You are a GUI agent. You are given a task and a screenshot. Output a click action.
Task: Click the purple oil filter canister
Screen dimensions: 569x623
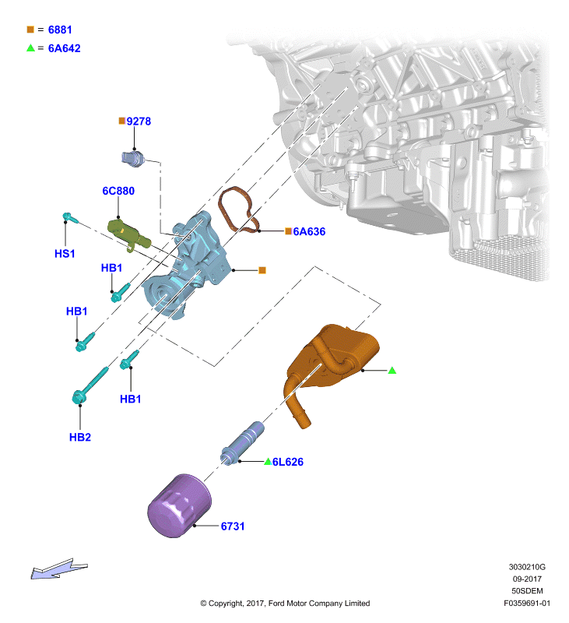(x=180, y=505)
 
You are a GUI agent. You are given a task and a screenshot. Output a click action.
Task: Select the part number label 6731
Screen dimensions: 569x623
(x=232, y=526)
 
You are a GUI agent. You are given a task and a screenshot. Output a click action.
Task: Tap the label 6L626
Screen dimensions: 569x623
(x=288, y=462)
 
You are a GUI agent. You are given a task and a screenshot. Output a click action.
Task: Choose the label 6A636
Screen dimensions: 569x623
(x=309, y=231)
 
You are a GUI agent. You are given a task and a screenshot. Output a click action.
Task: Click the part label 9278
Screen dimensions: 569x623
(x=139, y=121)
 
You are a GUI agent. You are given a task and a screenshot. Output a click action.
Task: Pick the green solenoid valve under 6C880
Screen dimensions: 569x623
(x=129, y=235)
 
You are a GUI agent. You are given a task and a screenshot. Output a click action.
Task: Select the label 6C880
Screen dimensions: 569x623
(x=118, y=191)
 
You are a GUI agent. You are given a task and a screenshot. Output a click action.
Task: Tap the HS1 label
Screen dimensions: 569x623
(x=65, y=254)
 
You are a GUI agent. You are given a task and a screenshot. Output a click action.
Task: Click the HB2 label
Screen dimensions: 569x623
(x=80, y=437)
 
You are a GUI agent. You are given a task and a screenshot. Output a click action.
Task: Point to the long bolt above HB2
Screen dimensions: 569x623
(x=90, y=385)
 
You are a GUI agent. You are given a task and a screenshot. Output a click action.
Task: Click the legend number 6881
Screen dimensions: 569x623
(x=60, y=30)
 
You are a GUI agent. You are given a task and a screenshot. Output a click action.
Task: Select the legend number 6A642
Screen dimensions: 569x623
(x=65, y=48)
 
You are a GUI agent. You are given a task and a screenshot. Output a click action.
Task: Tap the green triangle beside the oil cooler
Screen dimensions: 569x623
(x=392, y=371)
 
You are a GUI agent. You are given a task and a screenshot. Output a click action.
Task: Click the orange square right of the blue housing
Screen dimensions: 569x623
(x=262, y=270)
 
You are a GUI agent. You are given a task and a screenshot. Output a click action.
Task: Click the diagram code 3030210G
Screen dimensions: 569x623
(x=527, y=567)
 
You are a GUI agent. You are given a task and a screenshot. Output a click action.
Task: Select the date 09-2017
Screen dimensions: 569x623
(x=527, y=579)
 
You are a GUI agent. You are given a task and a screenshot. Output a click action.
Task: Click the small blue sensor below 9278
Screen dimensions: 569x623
(x=132, y=158)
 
